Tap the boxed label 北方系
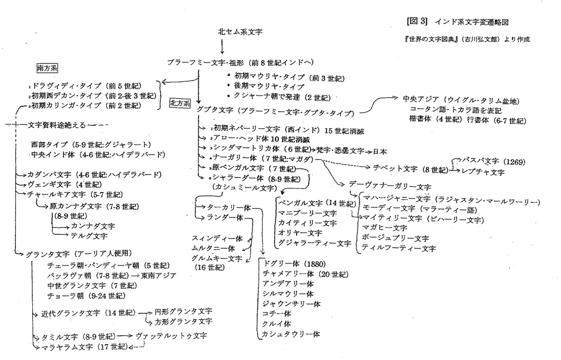point(180,103)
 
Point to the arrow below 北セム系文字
point(222,46)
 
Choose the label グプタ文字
point(217,112)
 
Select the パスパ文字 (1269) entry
point(493,162)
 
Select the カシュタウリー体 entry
point(291,334)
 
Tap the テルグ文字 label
point(89,235)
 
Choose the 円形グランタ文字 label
point(183,311)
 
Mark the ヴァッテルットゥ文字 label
point(171,336)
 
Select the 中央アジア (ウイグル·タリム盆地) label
point(461,101)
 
